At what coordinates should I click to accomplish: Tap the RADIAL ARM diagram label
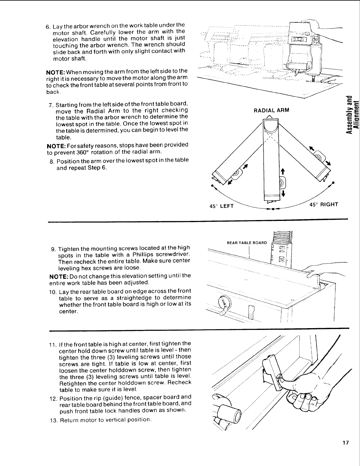click(271, 110)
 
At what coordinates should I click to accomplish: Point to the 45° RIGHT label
click(323, 204)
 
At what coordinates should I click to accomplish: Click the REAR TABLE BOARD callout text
click(247, 243)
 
